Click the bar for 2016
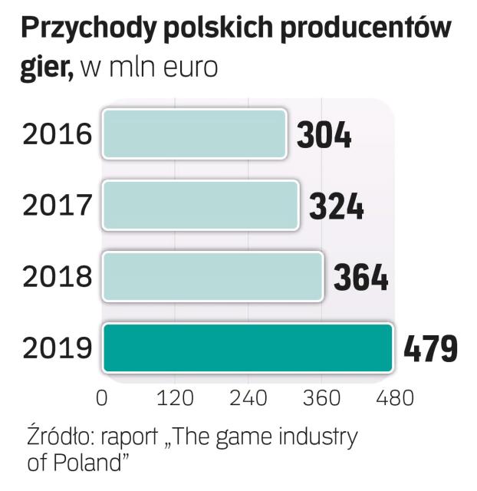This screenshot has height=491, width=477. pyautogui.click(x=194, y=134)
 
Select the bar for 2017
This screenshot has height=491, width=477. pyautogui.click(x=200, y=205)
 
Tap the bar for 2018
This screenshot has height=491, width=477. pyautogui.click(x=212, y=276)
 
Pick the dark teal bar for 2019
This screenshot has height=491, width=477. pyautogui.click(x=248, y=348)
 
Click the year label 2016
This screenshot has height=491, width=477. pyautogui.click(x=58, y=135)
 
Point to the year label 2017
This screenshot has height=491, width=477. pyautogui.click(x=58, y=206)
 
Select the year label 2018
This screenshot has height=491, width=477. pyautogui.click(x=58, y=277)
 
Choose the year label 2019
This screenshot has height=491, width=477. pyautogui.click(x=58, y=348)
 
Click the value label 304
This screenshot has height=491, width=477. pyautogui.click(x=324, y=136)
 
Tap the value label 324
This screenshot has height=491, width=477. pyautogui.click(x=336, y=206)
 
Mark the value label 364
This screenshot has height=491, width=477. pyautogui.click(x=360, y=278)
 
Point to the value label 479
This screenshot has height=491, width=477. pyautogui.click(x=431, y=349)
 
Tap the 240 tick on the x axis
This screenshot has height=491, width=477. pyautogui.click(x=248, y=398)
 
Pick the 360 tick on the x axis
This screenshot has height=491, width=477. pyautogui.click(x=321, y=398)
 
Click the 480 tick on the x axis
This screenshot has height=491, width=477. pyautogui.click(x=393, y=398)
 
